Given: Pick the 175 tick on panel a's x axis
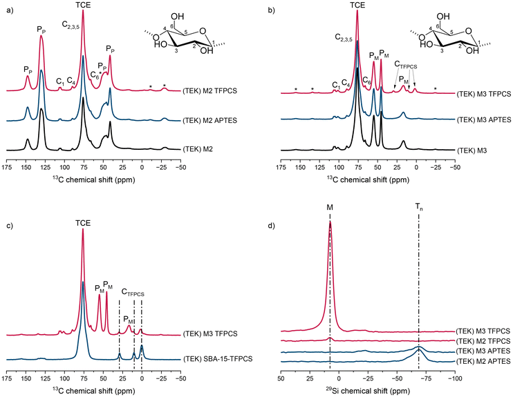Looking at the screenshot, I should tap(5, 167).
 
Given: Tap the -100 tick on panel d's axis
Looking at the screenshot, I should tap(455, 379).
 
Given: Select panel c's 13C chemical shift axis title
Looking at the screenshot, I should tap(93, 391).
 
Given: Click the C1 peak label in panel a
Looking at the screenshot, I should tap(60, 81).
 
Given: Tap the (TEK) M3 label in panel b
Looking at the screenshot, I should tap(473, 149).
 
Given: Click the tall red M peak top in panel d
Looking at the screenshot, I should tap(330, 223).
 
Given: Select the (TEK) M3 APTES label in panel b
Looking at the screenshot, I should tap(484, 119).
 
